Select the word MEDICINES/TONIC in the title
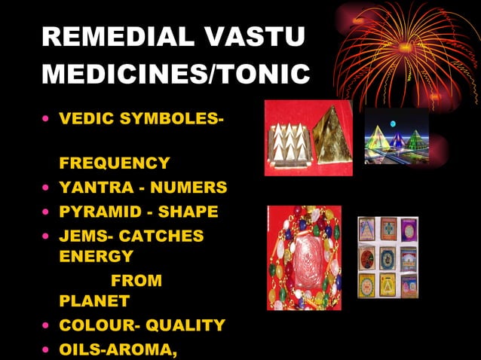(176, 75)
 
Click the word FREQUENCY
(114, 163)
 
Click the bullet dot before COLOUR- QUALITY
(47, 326)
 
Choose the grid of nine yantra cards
(388, 258)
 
